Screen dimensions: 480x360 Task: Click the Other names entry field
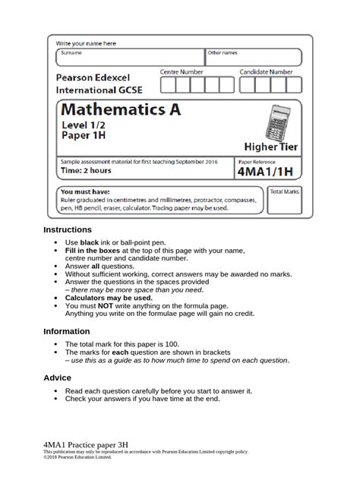(254, 58)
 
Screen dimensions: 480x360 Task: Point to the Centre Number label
(182, 71)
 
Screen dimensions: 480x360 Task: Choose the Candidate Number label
(266, 71)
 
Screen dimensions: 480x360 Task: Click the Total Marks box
(285, 201)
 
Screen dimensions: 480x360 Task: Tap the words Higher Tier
(270, 146)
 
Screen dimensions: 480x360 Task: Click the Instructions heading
(68, 229)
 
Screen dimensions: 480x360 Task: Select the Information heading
(68, 331)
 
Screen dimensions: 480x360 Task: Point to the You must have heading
(85, 192)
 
